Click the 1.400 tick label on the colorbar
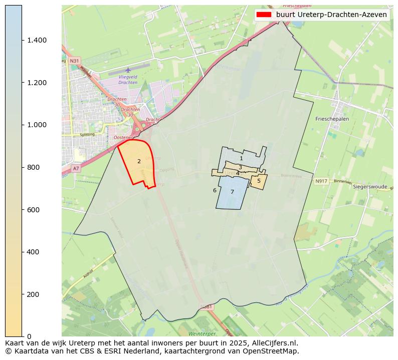37,40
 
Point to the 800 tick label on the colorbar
34,167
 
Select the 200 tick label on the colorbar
34,294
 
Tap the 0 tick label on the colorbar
29,336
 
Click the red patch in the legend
264,15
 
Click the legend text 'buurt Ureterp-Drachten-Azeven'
331,15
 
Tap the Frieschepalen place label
332,119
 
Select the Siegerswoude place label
370,187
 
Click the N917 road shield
321,181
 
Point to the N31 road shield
74,61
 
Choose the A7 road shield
76,169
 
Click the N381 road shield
206,306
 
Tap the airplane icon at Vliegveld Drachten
128,70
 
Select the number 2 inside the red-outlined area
139,161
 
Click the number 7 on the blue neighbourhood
232,192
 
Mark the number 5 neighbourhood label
259,181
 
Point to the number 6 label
215,190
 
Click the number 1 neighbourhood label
241,158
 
